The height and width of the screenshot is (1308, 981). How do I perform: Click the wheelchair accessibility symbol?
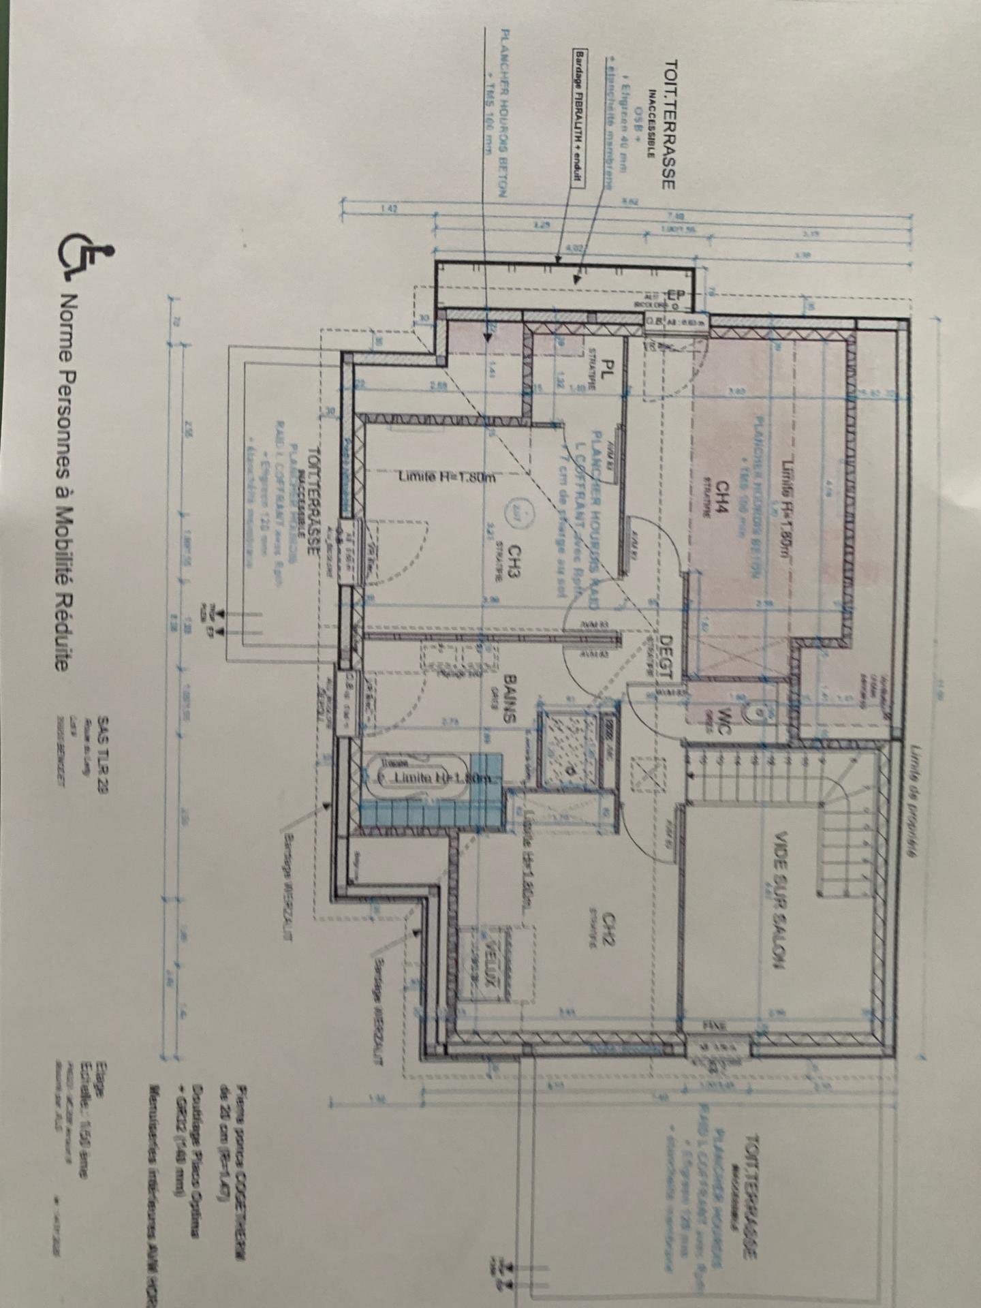87,258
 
